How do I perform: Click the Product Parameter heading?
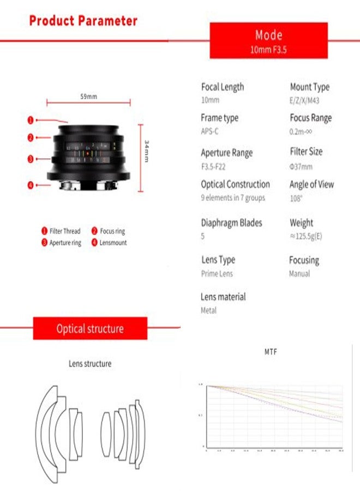pos(83,21)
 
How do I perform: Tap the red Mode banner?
pos(268,40)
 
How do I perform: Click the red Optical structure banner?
pos(90,329)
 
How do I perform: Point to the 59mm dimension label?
pos(89,97)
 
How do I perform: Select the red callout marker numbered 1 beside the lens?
pos(31,119)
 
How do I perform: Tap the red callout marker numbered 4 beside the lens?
pos(31,185)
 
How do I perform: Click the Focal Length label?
pos(223,87)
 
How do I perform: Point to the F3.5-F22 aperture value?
pos(213,166)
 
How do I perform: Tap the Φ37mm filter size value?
pos(301,166)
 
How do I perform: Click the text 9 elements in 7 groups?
pos(233,197)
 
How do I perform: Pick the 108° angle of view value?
pos(297,199)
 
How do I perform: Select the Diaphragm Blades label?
pos(231,223)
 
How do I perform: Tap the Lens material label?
pos(223,297)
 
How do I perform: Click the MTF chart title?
pos(271,352)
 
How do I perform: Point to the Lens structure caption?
pos(90,363)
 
